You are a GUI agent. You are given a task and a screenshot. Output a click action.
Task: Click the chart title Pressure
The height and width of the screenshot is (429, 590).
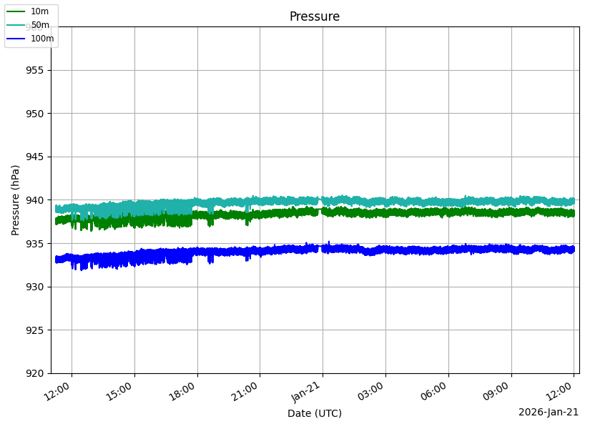(x=314, y=16)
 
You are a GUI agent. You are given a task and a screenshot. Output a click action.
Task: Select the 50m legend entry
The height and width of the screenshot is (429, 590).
(x=40, y=25)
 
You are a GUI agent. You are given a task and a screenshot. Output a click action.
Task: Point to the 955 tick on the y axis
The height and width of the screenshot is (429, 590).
(x=35, y=70)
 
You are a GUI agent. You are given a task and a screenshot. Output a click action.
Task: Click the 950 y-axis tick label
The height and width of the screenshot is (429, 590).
(x=35, y=114)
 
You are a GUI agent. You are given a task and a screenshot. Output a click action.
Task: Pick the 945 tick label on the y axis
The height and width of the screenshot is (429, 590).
(x=35, y=157)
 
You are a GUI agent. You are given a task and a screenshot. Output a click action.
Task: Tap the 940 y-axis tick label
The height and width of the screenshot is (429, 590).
(x=35, y=200)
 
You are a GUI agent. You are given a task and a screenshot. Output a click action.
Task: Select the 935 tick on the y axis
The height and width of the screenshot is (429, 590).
(x=35, y=244)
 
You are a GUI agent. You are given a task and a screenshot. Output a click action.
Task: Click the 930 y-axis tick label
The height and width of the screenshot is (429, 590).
(x=35, y=287)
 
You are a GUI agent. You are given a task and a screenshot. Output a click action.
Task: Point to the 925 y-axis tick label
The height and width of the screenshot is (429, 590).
(x=35, y=330)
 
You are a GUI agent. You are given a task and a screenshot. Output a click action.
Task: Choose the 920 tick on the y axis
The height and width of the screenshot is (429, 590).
(x=35, y=373)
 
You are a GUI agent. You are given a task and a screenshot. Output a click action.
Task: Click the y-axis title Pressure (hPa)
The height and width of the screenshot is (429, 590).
(x=15, y=199)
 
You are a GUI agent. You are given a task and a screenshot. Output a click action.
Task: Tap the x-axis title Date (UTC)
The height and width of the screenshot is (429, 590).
(x=315, y=413)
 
